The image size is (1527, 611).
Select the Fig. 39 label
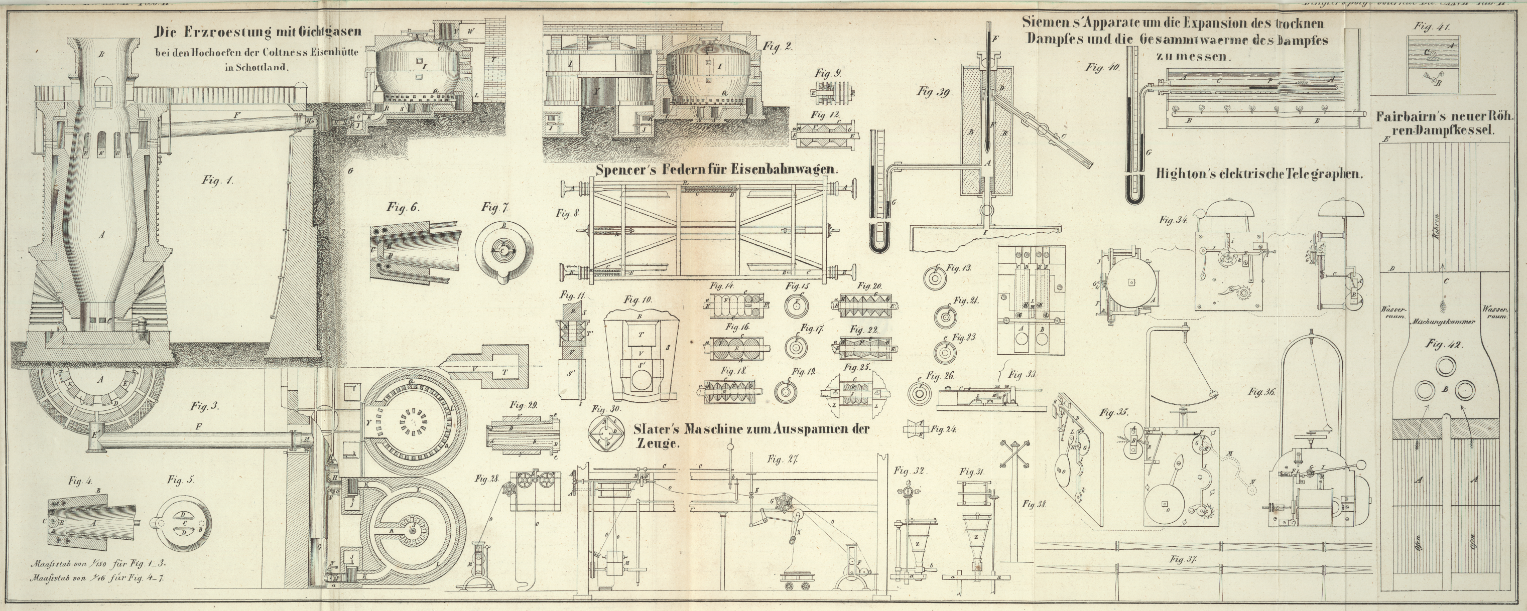[934, 92]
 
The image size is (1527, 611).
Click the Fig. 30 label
[605, 409]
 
